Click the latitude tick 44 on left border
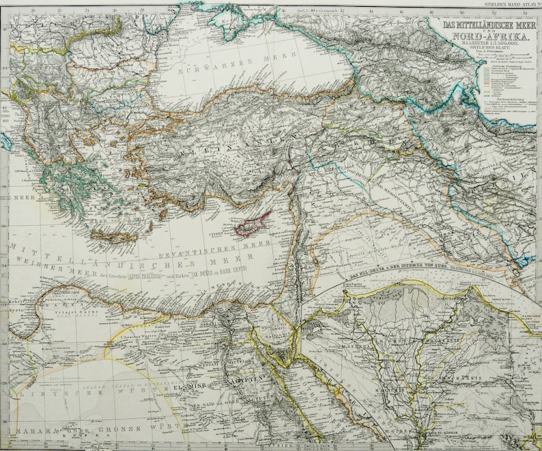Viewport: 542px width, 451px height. point(5,69)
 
